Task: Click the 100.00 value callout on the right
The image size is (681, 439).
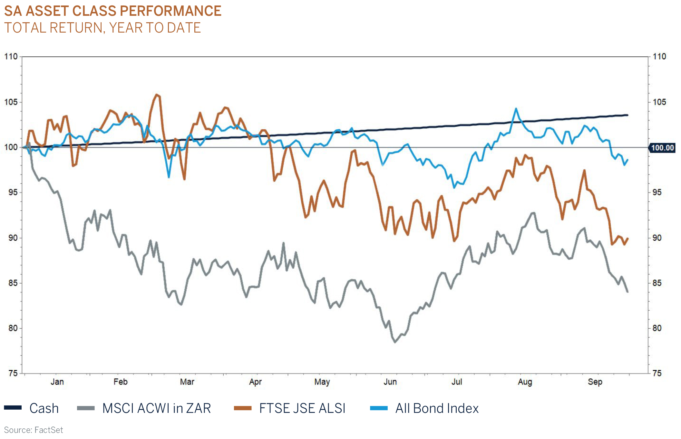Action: (662, 148)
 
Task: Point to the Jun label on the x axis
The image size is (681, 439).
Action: (390, 382)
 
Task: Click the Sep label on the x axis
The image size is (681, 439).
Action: (595, 382)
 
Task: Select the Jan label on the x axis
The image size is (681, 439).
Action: (57, 382)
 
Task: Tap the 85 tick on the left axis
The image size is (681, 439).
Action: (13, 283)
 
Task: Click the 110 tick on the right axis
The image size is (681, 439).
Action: (659, 56)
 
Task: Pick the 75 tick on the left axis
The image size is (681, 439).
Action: (13, 374)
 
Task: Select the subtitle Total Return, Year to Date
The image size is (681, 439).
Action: (102, 28)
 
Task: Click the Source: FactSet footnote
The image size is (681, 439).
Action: (34, 430)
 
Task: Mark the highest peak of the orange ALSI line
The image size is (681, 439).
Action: (157, 95)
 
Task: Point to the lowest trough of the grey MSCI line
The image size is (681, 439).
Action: (395, 342)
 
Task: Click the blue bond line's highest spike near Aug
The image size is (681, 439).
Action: (516, 109)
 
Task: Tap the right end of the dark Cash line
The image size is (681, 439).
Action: (627, 115)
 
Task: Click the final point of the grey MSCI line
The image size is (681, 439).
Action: (627, 292)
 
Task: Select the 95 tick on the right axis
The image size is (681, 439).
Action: (657, 193)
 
